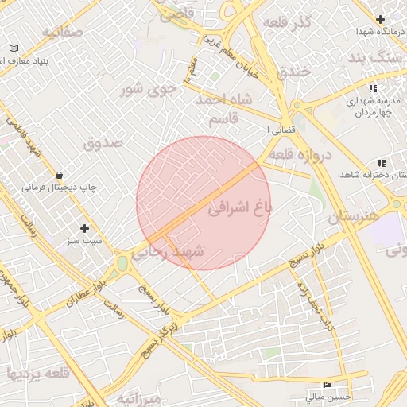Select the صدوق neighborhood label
pyautogui.click(x=103, y=143)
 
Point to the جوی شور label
pyautogui.click(x=142, y=89)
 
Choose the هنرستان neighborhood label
pyautogui.click(x=354, y=215)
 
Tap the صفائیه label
pyautogui.click(x=62, y=33)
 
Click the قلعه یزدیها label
pyautogui.click(x=38, y=373)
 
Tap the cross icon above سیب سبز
pyautogui.click(x=84, y=228)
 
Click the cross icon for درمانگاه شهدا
pyautogui.click(x=381, y=19)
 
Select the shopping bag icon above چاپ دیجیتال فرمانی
pyautogui.click(x=59, y=175)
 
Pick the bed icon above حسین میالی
pyautogui.click(x=328, y=385)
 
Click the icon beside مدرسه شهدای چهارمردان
pyautogui.click(x=372, y=88)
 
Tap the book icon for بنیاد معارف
pyautogui.click(x=13, y=48)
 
